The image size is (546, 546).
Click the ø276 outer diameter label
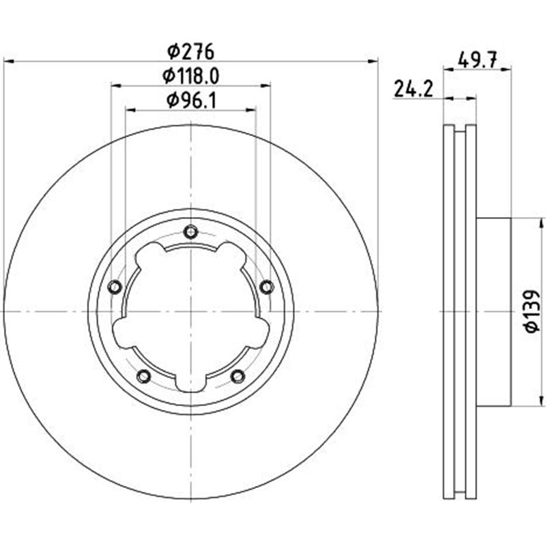(x=191, y=51)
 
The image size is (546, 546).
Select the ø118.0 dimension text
(x=191, y=76)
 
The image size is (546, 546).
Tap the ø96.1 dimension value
(x=191, y=100)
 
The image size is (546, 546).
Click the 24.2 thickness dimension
(x=414, y=88)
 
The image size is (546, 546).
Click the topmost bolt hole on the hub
(x=191, y=233)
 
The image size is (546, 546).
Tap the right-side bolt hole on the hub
(x=267, y=287)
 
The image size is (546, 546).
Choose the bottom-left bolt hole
(x=144, y=375)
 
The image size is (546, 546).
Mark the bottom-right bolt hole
(x=238, y=375)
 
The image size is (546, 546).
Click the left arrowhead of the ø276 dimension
(x=8, y=61)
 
